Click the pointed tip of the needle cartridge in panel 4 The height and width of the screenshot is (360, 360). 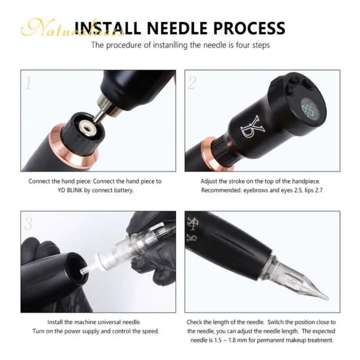point(324,297)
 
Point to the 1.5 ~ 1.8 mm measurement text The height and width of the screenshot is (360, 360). point(228,340)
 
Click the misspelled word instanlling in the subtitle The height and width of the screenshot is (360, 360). point(153,45)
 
